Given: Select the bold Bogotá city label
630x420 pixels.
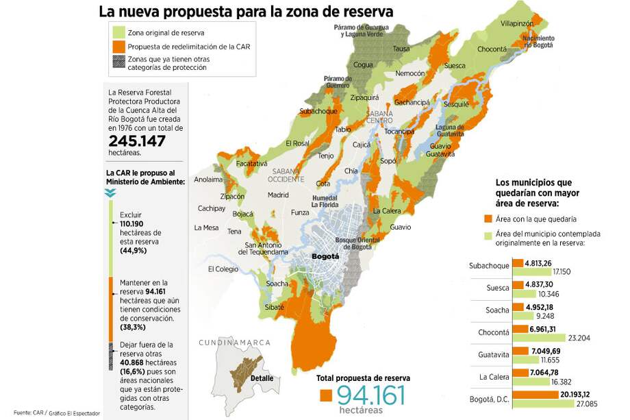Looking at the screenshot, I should point(325,256).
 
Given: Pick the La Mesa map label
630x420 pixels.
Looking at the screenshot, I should point(206,227).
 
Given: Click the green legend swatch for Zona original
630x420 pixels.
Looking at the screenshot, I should point(118,32).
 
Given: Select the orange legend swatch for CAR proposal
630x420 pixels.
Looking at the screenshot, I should point(118,47).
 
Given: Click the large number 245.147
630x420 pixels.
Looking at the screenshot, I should point(138,140).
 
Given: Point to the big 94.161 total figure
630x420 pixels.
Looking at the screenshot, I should point(370,395).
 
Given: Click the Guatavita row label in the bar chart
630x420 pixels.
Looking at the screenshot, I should point(490,355).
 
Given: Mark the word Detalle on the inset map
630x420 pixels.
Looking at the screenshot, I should point(262,378).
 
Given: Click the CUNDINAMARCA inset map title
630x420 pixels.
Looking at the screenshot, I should point(235,343).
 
